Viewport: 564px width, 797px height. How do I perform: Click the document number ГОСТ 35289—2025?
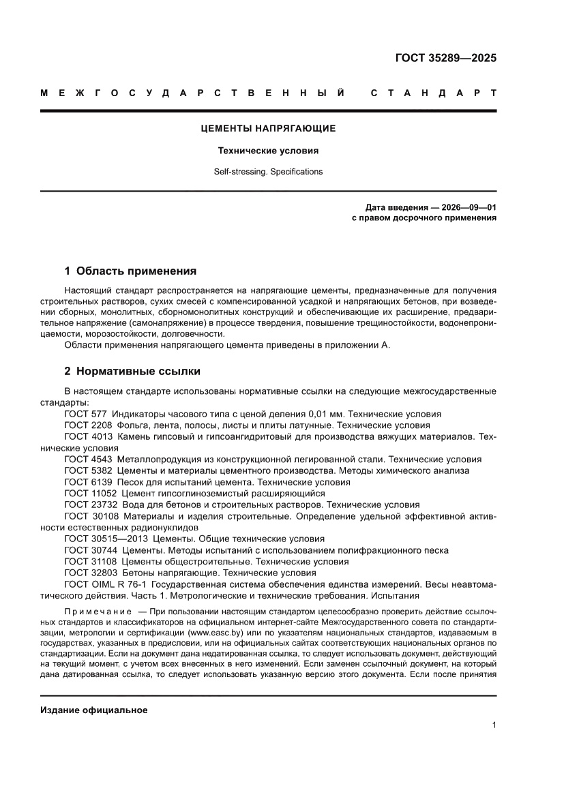(445, 57)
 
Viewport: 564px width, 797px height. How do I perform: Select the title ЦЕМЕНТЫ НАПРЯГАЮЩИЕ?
(268, 128)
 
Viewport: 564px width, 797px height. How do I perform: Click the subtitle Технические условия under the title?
(268, 151)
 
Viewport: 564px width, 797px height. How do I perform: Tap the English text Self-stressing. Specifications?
(268, 172)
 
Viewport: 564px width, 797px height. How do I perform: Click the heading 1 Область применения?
(130, 271)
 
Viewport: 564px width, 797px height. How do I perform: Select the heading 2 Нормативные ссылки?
(132, 372)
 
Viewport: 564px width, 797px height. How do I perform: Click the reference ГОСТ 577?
(86, 414)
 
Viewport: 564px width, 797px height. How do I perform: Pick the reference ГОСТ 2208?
(89, 425)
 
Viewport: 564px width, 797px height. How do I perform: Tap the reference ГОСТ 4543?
(89, 460)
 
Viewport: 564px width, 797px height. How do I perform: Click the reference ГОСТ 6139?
(89, 482)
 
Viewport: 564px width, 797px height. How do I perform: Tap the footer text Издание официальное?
(94, 710)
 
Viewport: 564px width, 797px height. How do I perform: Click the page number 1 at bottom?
(494, 725)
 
